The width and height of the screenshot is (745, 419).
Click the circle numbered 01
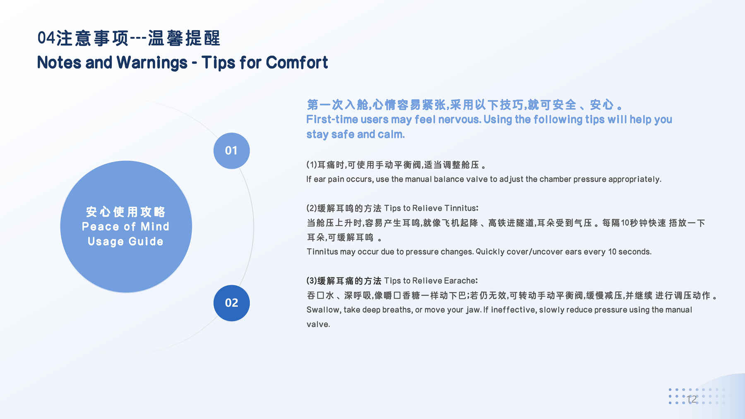coord(231,151)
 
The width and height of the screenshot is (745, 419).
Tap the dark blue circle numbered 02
coord(231,303)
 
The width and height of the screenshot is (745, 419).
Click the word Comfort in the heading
coord(297,62)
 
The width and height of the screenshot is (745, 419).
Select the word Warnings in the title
coord(152,63)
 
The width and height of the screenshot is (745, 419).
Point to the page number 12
coord(692,399)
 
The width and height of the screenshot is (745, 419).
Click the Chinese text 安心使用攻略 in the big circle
coord(125,212)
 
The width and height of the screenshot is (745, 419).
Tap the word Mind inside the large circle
coord(155,227)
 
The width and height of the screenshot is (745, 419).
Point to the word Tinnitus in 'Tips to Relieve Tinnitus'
coord(461,208)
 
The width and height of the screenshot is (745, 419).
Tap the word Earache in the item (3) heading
coord(461,281)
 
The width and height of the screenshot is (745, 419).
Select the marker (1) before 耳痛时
coord(312,165)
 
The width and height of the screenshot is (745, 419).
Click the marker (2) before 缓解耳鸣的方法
coord(312,208)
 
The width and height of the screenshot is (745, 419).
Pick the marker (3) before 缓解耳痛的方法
coord(312,281)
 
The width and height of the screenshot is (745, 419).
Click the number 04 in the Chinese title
coord(46,38)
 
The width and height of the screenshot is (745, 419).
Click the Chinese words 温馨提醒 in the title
coord(184,38)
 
